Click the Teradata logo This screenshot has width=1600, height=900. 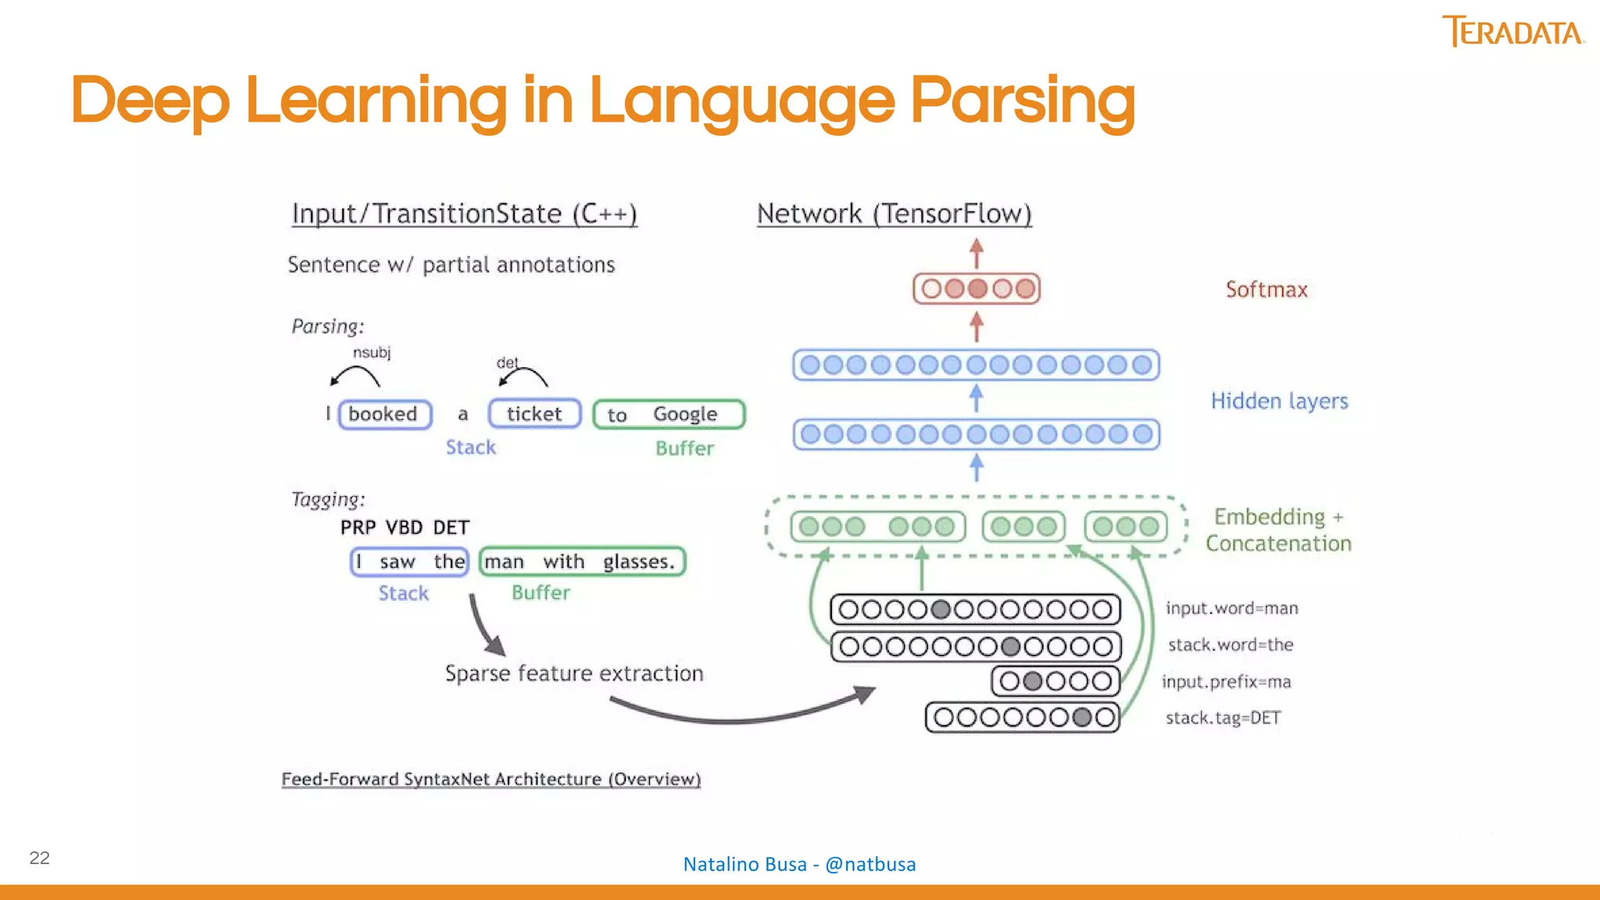(1512, 32)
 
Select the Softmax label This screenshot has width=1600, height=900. (1266, 290)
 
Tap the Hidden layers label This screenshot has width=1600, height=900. (1279, 401)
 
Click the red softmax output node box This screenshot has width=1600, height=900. (977, 289)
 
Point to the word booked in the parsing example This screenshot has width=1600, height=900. (383, 414)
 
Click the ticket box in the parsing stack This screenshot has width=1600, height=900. (534, 414)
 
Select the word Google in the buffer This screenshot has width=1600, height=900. (684, 414)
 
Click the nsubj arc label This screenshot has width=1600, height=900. (372, 353)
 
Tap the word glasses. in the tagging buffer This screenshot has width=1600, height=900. (638, 562)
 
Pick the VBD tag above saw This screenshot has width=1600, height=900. (404, 527)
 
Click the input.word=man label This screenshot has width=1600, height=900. (1231, 608)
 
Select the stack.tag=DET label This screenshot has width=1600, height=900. (1223, 718)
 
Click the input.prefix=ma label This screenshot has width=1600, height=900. (1226, 681)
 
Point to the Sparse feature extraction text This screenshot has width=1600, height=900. (574, 673)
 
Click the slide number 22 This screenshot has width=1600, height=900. (40, 858)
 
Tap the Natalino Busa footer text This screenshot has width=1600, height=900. (799, 864)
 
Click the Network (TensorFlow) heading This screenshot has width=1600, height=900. (894, 214)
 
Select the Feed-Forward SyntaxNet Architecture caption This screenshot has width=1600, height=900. (491, 779)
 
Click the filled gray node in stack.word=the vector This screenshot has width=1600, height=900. (1010, 647)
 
